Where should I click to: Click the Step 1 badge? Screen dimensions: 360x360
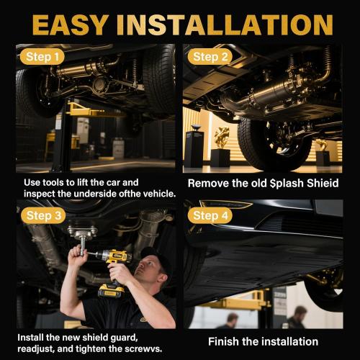click(42, 57)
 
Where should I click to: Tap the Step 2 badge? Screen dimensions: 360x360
click(210, 57)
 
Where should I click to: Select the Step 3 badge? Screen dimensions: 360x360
click(43, 215)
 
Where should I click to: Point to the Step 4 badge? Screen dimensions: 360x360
click(210, 215)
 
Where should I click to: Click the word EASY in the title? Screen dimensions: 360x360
click(70, 25)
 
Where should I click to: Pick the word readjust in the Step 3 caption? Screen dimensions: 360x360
click(36, 349)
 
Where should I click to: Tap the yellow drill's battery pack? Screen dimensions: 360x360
click(112, 291)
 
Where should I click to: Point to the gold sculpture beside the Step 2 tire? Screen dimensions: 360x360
click(221, 138)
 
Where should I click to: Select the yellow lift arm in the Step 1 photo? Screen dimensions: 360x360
click(86, 110)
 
